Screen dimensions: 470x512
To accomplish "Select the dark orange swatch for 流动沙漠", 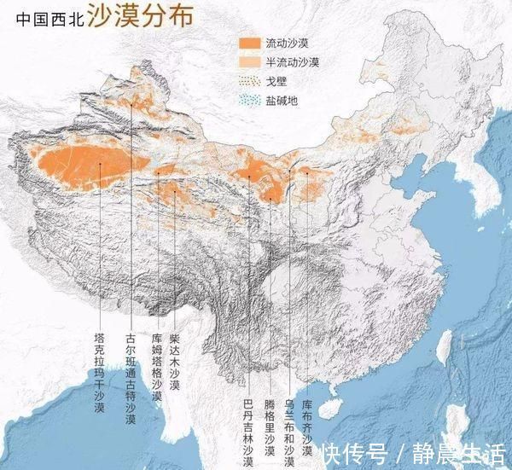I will click(249, 44).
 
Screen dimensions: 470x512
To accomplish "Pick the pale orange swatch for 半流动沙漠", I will click(249, 62).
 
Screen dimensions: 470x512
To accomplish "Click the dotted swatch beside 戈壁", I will click(249, 82).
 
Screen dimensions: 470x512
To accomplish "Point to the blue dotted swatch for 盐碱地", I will click(249, 101).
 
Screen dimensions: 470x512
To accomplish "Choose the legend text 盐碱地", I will click(281, 101).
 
